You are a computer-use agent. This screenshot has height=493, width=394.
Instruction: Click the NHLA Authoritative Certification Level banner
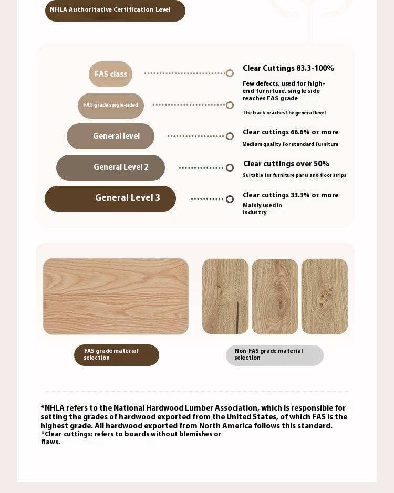click(115, 11)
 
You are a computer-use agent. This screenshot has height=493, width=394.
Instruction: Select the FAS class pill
click(110, 74)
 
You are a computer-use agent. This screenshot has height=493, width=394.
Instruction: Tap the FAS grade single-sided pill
click(111, 106)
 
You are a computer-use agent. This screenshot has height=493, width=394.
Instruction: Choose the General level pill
click(110, 136)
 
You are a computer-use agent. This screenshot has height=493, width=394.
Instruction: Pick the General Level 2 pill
click(110, 167)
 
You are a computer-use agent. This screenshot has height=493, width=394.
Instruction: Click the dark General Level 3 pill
click(110, 198)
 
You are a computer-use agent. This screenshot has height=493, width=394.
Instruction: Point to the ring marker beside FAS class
click(230, 74)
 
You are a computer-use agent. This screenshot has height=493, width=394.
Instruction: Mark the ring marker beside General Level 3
click(230, 199)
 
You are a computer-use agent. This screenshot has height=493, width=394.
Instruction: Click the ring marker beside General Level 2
click(230, 168)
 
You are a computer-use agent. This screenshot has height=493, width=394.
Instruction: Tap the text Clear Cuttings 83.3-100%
click(288, 68)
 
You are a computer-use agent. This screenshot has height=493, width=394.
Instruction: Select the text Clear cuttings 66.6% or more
click(291, 132)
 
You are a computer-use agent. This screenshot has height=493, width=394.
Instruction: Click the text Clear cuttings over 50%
click(286, 164)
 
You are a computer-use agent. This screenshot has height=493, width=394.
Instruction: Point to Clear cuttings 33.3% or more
click(291, 195)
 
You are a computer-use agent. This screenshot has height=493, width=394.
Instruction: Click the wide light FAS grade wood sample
click(116, 296)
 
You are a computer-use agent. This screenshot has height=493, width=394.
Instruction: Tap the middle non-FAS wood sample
click(275, 297)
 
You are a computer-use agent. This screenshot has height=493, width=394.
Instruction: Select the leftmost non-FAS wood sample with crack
click(225, 296)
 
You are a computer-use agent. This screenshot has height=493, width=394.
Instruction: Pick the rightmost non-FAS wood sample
click(324, 296)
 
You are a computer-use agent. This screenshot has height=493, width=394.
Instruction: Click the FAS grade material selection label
click(117, 355)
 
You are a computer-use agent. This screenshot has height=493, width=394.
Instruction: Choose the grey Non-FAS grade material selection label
click(274, 355)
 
